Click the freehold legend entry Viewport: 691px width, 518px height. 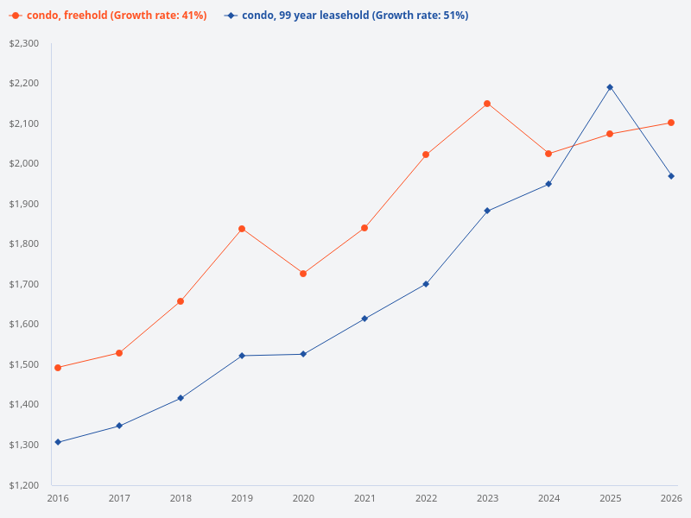coord(108,16)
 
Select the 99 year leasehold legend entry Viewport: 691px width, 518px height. coord(345,16)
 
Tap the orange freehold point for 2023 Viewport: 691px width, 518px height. coord(487,104)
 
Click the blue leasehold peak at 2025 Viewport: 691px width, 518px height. coord(610,87)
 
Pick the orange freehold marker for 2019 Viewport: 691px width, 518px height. coord(242,229)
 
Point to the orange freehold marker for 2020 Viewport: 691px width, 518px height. coord(303,274)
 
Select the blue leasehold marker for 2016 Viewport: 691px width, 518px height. coord(58,442)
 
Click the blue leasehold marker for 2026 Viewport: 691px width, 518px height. coord(671,176)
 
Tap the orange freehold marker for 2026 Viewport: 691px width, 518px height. coord(671,123)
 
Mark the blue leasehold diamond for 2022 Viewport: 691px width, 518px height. coord(426,284)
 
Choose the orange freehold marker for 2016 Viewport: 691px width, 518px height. coord(58,368)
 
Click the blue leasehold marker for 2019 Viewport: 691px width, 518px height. coord(242,356)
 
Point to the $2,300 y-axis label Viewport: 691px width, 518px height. coord(25,43)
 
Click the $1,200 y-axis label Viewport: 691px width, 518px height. coord(25,485)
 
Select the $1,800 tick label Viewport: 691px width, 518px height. coord(25,244)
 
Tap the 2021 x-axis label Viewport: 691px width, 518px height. coord(365,498)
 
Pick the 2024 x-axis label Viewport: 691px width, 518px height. coord(548,498)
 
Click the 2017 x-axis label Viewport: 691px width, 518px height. coord(119,498)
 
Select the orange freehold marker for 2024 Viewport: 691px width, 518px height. coord(548,154)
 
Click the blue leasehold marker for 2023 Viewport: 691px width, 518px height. coord(487,211)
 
